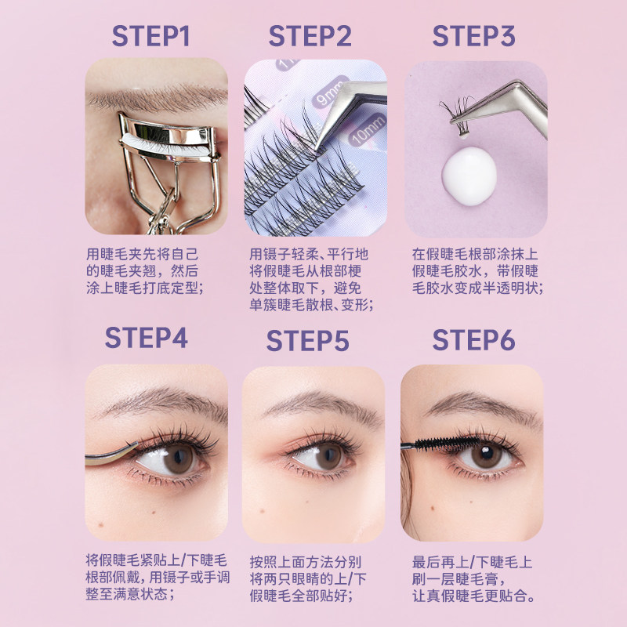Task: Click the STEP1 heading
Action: click(x=150, y=36)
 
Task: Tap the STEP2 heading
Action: click(x=310, y=36)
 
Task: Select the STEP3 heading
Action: click(x=474, y=36)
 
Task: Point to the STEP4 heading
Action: click(x=147, y=338)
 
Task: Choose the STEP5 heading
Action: click(x=307, y=341)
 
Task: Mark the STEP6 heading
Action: click(x=473, y=340)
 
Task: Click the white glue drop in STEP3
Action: click(x=469, y=176)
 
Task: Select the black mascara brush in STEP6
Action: click(x=447, y=444)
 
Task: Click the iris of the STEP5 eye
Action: click(x=328, y=456)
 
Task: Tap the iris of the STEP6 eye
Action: click(x=486, y=456)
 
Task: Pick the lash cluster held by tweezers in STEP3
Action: click(x=457, y=116)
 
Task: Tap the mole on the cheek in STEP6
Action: click(x=433, y=508)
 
